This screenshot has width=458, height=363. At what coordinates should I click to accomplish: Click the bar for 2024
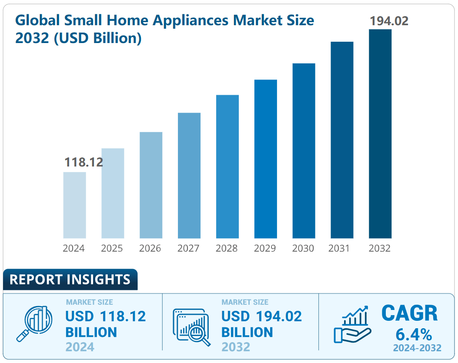coord(74,205)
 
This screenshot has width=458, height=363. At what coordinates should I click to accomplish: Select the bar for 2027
coord(189,175)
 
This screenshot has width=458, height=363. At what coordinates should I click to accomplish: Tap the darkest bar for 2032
coord(380,133)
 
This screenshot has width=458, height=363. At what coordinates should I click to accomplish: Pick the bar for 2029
coord(265,159)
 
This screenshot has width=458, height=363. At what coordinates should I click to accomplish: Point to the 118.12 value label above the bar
coord(84,163)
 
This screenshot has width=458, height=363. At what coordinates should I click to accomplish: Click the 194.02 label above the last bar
coord(389,21)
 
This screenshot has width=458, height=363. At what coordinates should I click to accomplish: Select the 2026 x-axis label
coord(150,248)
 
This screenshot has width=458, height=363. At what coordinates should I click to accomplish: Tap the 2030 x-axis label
coord(303,248)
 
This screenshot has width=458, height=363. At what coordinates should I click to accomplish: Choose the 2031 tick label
coord(341,248)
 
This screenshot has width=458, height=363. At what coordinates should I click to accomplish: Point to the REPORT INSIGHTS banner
coord(70,280)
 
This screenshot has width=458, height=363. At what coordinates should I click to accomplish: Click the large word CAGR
coord(409,313)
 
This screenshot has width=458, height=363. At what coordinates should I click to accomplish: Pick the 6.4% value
coord(414,334)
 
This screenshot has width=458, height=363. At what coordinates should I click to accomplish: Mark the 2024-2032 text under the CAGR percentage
coord(417,348)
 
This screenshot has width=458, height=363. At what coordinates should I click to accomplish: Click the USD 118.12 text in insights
coord(106,316)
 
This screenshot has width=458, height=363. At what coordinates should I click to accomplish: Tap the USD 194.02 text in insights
coord(261,316)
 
